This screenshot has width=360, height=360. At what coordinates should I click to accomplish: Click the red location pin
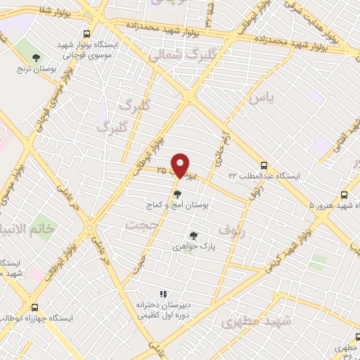pos(181,165)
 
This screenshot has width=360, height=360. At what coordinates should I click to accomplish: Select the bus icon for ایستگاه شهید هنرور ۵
pos(344,195)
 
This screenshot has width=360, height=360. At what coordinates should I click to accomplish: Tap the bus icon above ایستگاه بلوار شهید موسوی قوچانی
pos(87,33)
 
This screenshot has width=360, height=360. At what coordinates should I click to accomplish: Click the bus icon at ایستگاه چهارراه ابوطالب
pos(34,307)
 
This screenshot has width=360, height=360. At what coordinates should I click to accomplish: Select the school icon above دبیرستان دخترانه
pos(162,295)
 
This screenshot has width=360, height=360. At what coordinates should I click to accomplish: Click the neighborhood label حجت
pos(137,224)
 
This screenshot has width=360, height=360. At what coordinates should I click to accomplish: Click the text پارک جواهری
pos(193,247)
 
